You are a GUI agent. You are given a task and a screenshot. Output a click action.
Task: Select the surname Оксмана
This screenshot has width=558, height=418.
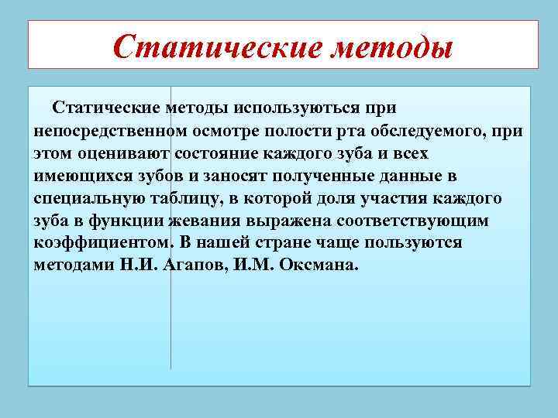point(319,266)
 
